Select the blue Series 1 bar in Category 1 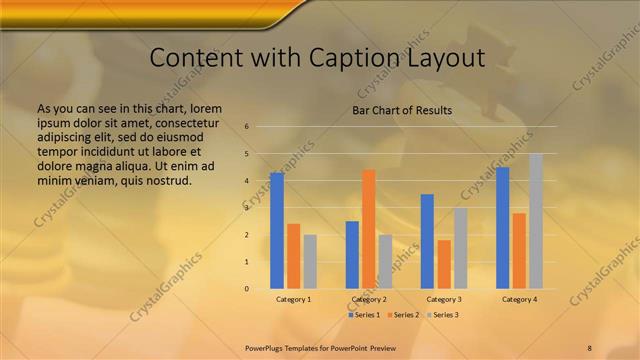276,231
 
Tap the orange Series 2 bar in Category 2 369,229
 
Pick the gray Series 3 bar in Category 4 536,221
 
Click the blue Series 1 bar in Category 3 427,241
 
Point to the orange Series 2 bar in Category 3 444,264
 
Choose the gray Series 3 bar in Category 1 310,262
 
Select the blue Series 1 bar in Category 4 503,228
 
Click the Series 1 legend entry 364,315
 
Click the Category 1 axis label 293,299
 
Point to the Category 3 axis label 444,299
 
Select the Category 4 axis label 519,299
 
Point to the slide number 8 589,347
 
